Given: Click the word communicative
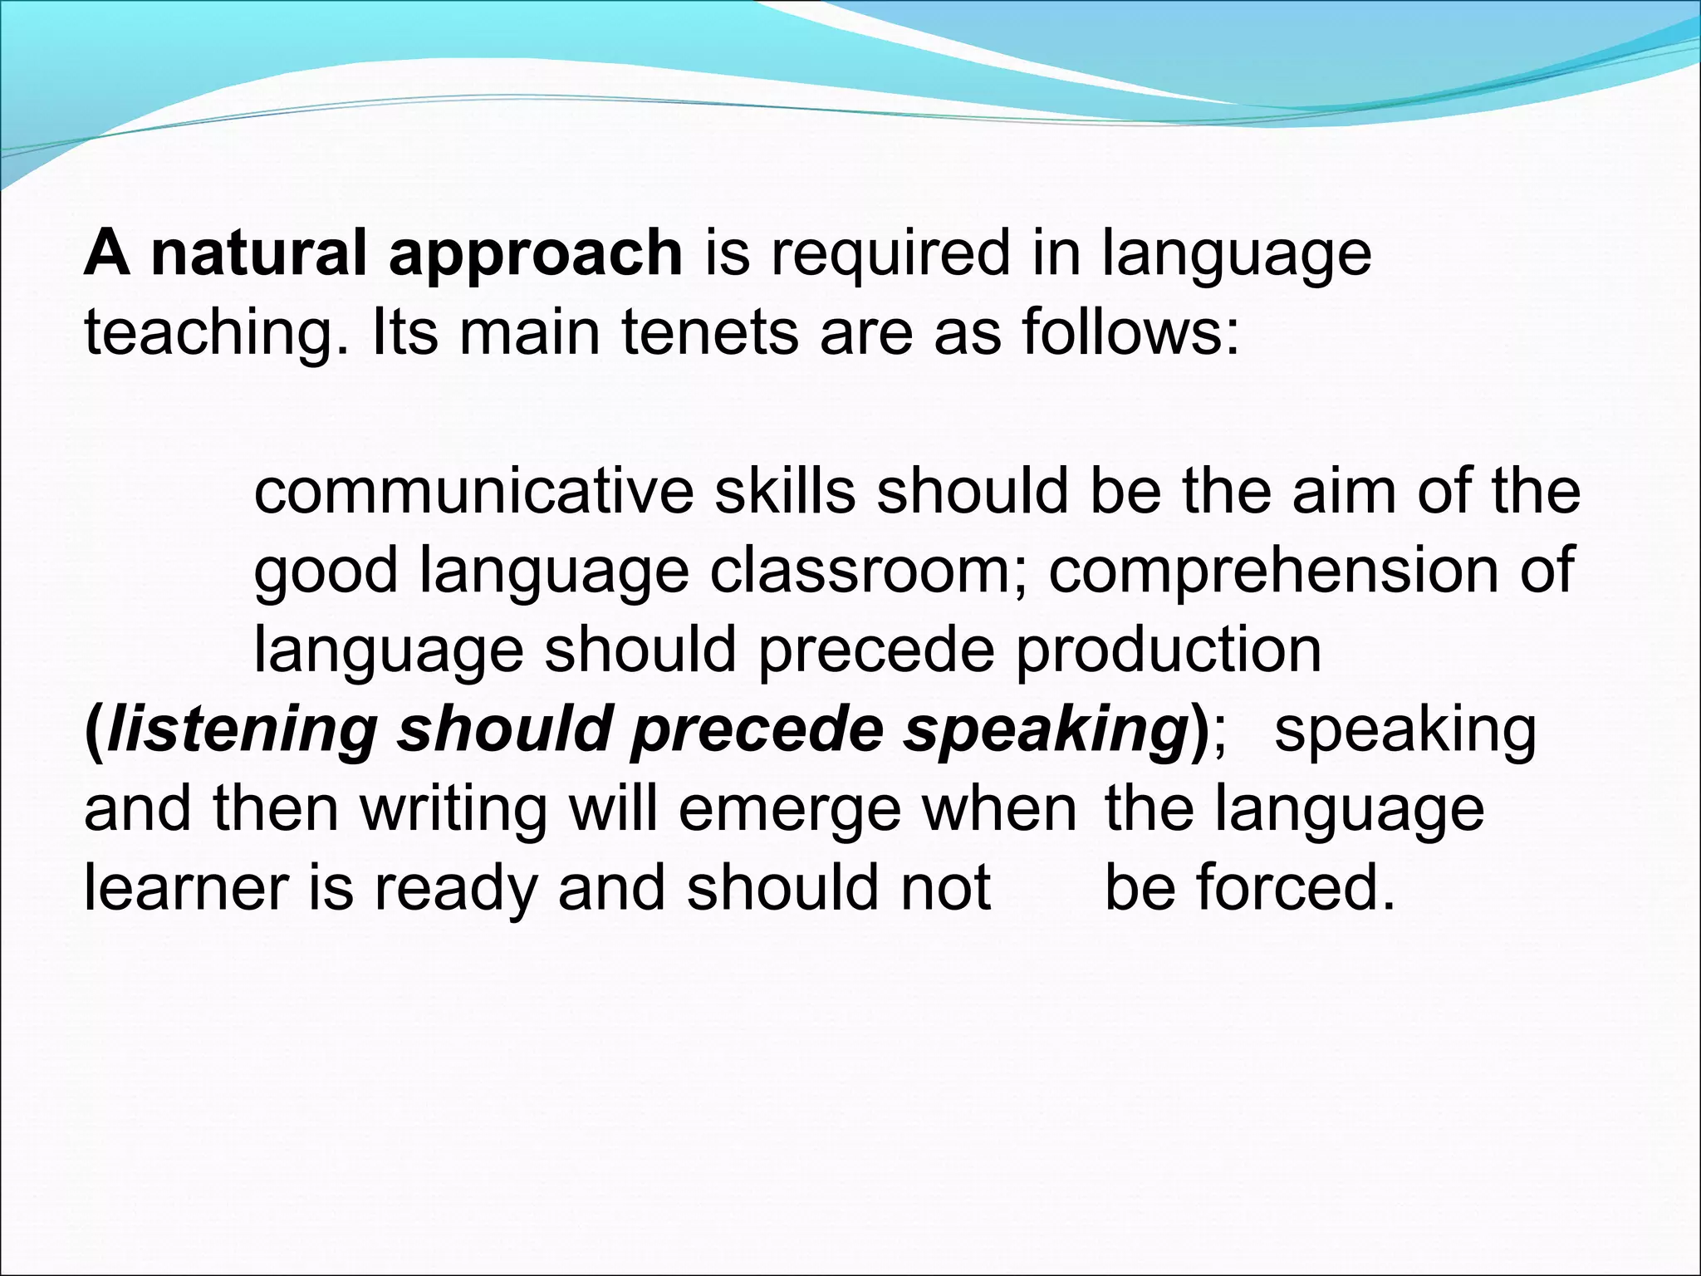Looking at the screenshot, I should click(473, 492).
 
